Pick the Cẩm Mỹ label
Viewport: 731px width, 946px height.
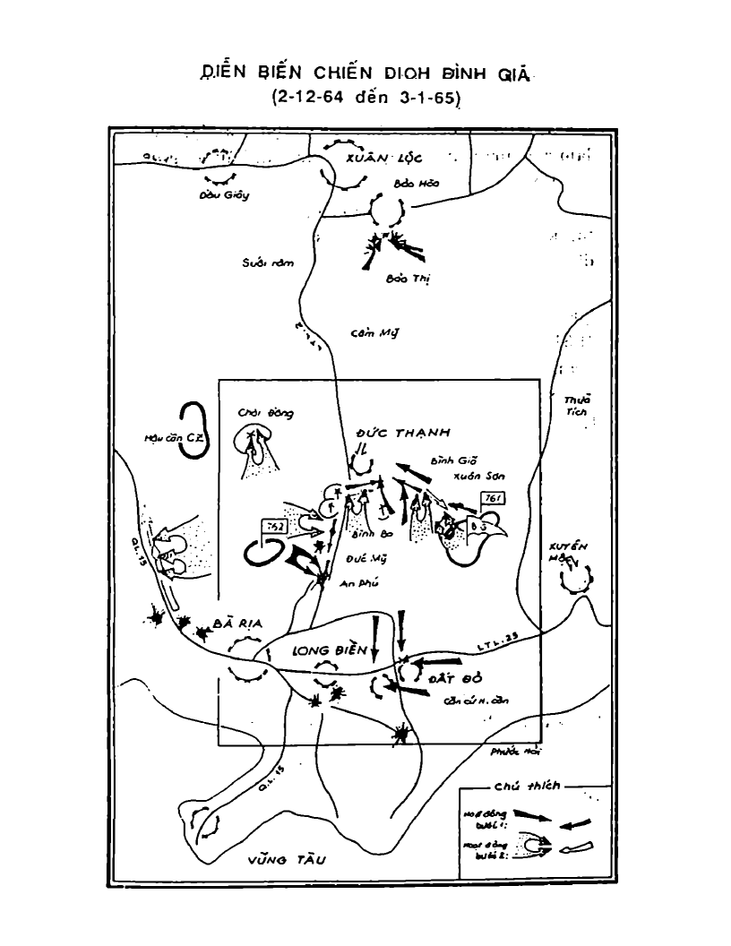point(374,333)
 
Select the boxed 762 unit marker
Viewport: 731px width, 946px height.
point(273,528)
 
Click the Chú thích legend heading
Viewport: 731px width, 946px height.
point(527,786)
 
